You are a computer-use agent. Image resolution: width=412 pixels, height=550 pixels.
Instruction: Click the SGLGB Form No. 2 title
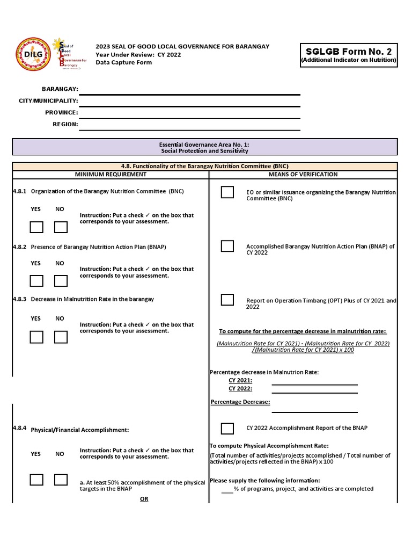(x=349, y=52)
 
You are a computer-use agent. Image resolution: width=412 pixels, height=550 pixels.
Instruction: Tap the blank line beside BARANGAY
(x=190, y=89)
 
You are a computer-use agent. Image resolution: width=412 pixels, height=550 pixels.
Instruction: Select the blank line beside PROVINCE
(x=190, y=113)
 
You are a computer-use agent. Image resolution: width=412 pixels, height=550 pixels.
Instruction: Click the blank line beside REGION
(x=190, y=125)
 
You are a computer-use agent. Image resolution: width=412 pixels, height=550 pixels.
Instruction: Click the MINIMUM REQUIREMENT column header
(x=111, y=175)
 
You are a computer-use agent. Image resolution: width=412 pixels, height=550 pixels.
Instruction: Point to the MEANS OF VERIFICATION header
(x=303, y=175)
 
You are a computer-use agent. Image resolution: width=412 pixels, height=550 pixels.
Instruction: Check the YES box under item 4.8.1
(x=36, y=227)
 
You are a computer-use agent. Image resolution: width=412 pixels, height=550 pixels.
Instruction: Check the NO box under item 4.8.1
(x=61, y=227)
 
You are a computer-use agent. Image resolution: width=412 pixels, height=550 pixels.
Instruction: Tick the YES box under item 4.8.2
(x=36, y=281)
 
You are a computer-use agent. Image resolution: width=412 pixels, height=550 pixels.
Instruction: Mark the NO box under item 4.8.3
(x=61, y=337)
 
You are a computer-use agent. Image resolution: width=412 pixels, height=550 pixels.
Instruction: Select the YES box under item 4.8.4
(x=36, y=480)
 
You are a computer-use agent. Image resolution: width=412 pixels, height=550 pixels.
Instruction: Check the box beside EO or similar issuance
(x=227, y=192)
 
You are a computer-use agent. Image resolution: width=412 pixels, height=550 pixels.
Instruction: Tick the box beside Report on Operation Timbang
(x=227, y=300)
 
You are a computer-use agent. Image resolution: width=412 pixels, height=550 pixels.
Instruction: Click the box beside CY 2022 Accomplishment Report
(x=227, y=428)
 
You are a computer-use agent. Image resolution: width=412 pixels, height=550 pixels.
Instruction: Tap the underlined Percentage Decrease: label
(x=240, y=402)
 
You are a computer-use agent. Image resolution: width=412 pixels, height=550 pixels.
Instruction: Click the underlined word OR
(x=144, y=499)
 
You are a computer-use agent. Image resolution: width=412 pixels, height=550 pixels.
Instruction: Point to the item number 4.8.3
(x=20, y=299)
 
